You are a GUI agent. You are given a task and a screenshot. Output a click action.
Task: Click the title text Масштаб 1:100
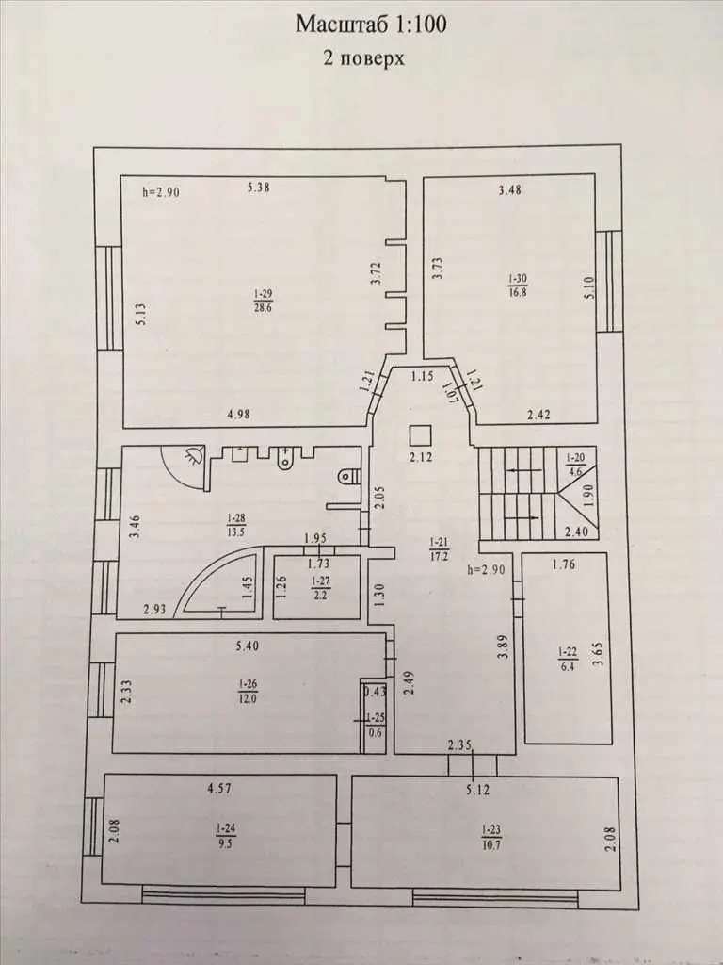(371, 24)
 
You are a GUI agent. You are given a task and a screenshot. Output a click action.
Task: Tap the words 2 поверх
(364, 57)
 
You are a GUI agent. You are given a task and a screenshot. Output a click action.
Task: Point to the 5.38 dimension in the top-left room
(259, 188)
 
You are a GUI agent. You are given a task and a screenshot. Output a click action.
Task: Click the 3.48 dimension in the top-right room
(509, 189)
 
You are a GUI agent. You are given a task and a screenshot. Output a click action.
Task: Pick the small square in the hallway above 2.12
(421, 436)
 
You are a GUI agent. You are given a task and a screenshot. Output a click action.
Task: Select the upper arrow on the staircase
(523, 471)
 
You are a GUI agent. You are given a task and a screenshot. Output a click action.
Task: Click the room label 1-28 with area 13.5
(235, 524)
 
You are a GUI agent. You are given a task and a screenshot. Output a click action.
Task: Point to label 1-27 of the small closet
(319, 588)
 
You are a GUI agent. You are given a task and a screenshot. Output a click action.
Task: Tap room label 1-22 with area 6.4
(568, 658)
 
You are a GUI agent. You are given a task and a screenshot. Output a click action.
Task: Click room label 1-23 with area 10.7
(491, 837)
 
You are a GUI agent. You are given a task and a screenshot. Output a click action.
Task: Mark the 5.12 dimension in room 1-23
(477, 790)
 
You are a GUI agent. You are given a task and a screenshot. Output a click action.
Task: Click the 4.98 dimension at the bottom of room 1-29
(238, 415)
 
